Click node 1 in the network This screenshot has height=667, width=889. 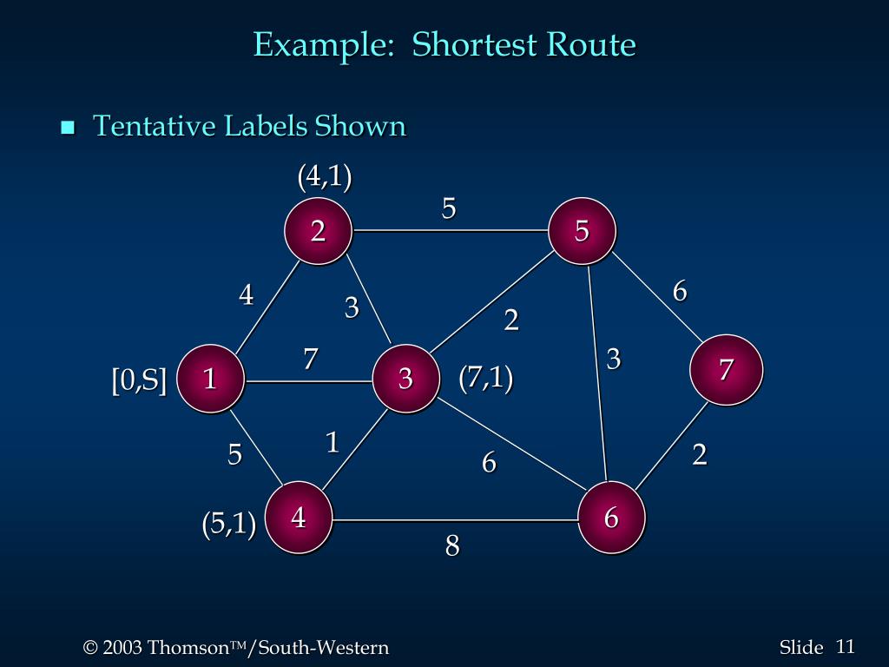coord(210,379)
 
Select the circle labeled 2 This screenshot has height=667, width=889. coord(319,230)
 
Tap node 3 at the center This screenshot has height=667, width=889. coord(405,379)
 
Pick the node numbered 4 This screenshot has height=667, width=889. coord(299,518)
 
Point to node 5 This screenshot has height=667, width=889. coord(582,230)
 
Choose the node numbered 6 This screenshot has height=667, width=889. coord(611,518)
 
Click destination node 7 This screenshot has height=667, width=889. coord(727,370)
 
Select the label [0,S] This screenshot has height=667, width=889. coord(139,380)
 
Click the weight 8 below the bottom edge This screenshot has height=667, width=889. coord(452,546)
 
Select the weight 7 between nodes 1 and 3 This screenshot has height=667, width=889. coord(310,358)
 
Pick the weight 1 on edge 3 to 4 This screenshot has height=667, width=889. coord(332,443)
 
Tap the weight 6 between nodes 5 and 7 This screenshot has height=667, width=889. coord(680,292)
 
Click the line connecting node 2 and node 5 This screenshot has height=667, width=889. coord(450,231)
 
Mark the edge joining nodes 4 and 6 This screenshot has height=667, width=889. coord(455,520)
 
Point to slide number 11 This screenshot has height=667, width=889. coord(846,646)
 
